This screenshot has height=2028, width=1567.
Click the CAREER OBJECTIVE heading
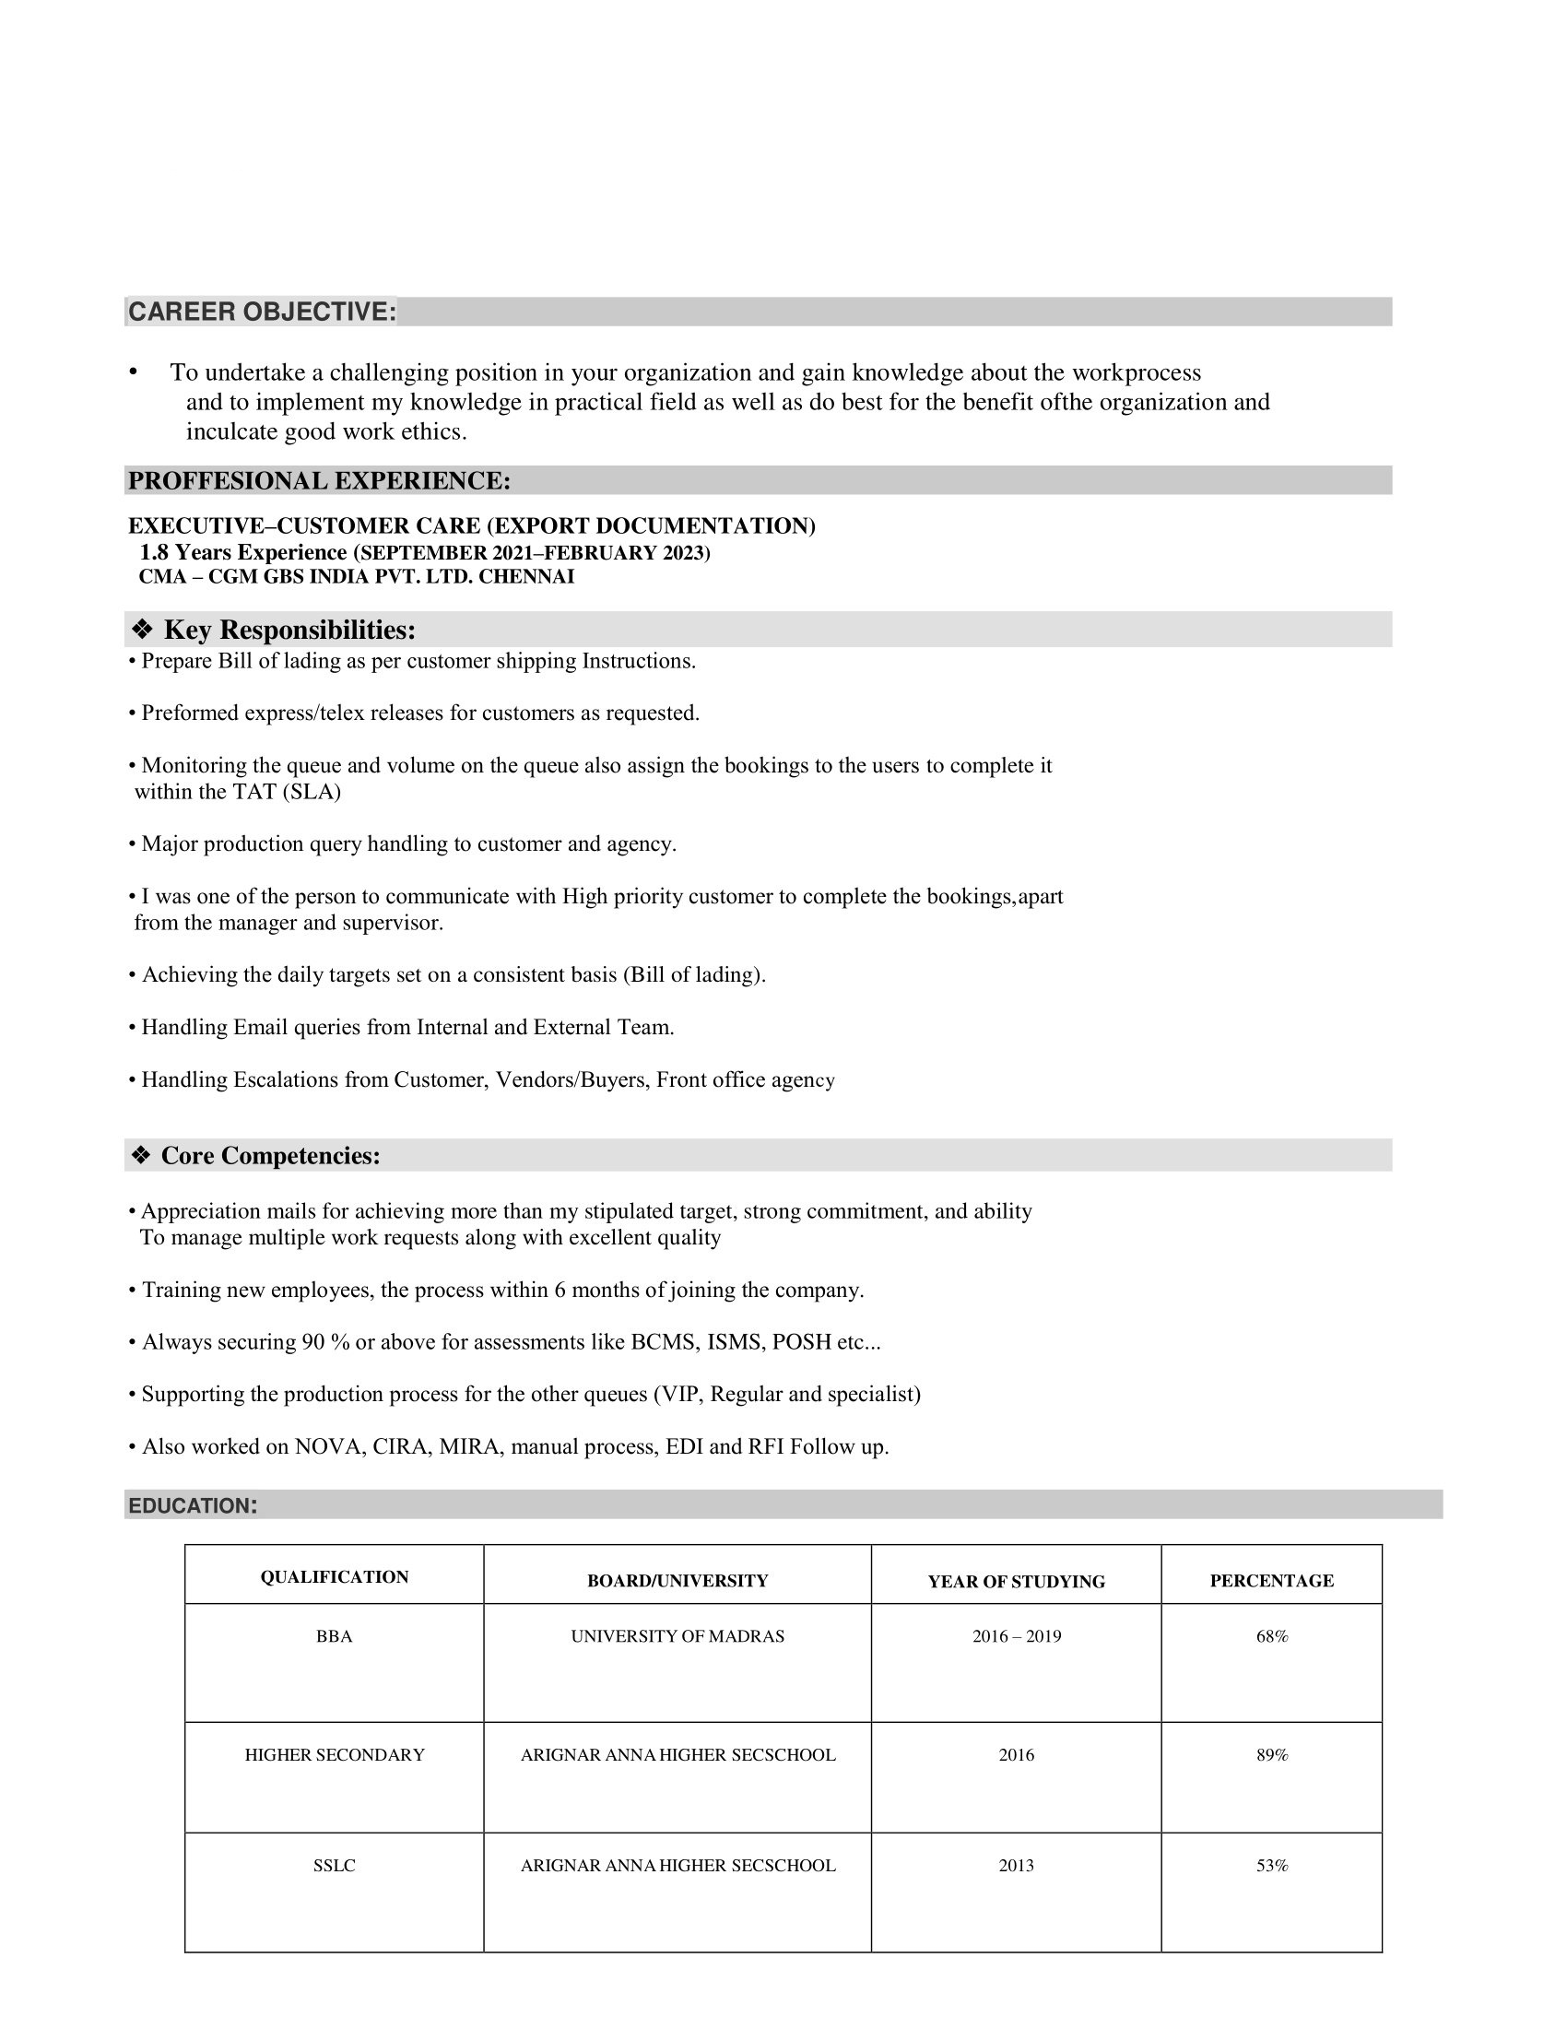point(262,312)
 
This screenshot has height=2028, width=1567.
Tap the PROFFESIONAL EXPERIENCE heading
point(319,481)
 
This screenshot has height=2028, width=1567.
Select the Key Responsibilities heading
point(289,631)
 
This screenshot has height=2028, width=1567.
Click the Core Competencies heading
point(270,1156)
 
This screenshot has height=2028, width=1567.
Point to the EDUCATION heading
point(192,1506)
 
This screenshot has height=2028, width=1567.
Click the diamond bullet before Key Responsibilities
point(142,631)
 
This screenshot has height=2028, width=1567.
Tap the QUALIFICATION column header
point(335,1576)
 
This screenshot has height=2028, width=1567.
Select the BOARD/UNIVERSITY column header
point(677,1580)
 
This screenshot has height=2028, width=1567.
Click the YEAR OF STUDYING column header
point(1017,1581)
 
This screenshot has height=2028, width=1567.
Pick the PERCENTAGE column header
point(1272,1580)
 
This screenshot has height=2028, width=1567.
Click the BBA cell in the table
point(335,1636)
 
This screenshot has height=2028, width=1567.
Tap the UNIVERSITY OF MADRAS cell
point(677,1636)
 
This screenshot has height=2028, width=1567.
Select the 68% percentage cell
point(1272,1636)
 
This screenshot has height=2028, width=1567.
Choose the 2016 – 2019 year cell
point(1017,1636)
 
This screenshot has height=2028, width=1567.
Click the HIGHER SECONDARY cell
point(335,1755)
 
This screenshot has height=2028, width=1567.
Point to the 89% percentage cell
point(1272,1755)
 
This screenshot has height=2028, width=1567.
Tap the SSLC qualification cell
point(335,1866)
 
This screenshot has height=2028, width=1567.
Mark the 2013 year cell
point(1017,1866)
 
